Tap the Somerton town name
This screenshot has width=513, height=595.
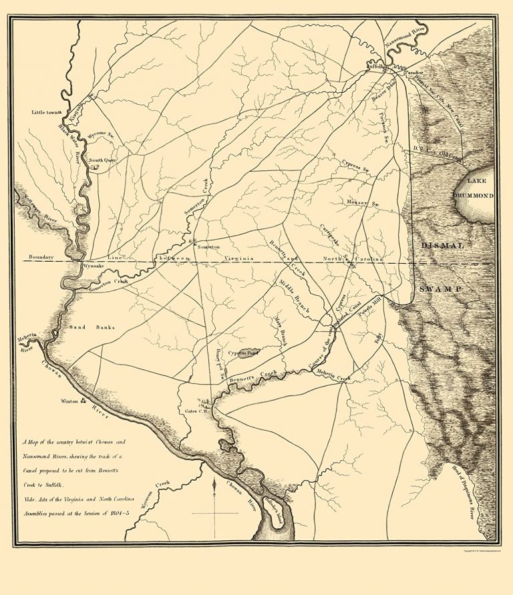click(x=208, y=246)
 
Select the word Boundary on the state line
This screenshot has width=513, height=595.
click(x=41, y=257)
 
